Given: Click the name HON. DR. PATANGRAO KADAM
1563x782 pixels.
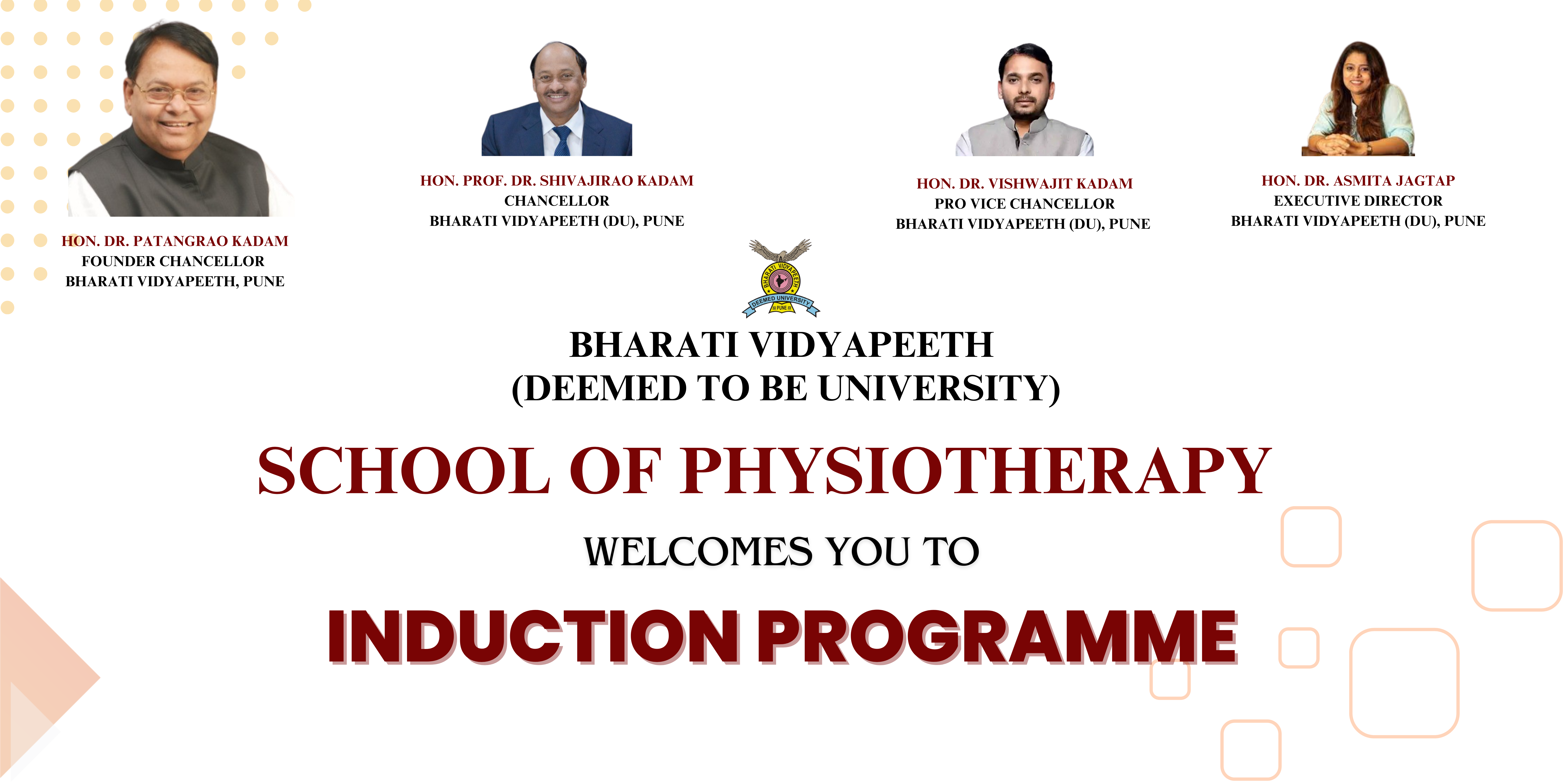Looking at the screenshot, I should (x=175, y=241).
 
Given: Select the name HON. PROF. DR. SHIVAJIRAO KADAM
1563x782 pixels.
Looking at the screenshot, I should (x=557, y=180).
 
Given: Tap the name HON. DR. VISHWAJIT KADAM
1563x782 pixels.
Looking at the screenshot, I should (x=1024, y=183).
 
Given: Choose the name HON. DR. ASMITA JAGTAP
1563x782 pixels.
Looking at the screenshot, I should (x=1358, y=180).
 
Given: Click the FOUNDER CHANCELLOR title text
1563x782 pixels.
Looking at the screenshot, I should (x=173, y=261).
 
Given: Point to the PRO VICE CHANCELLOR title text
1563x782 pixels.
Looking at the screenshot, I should (x=1024, y=203).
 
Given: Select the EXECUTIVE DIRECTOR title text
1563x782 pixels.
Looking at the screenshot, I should (x=1358, y=200).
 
